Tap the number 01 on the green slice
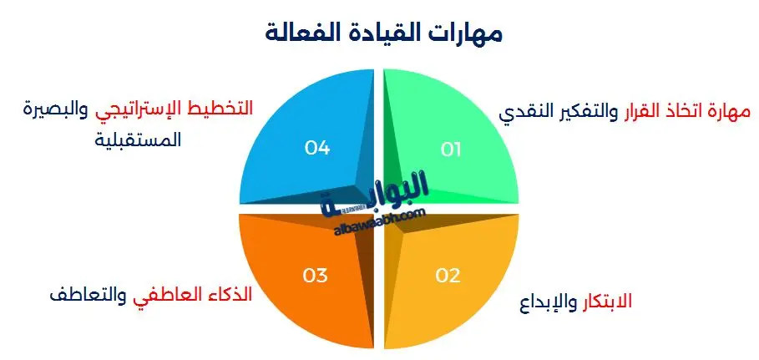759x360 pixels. (451, 150)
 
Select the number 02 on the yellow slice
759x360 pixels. (448, 274)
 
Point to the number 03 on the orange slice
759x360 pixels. (316, 274)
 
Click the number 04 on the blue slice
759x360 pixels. (317, 148)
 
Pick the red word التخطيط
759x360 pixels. (219, 109)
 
